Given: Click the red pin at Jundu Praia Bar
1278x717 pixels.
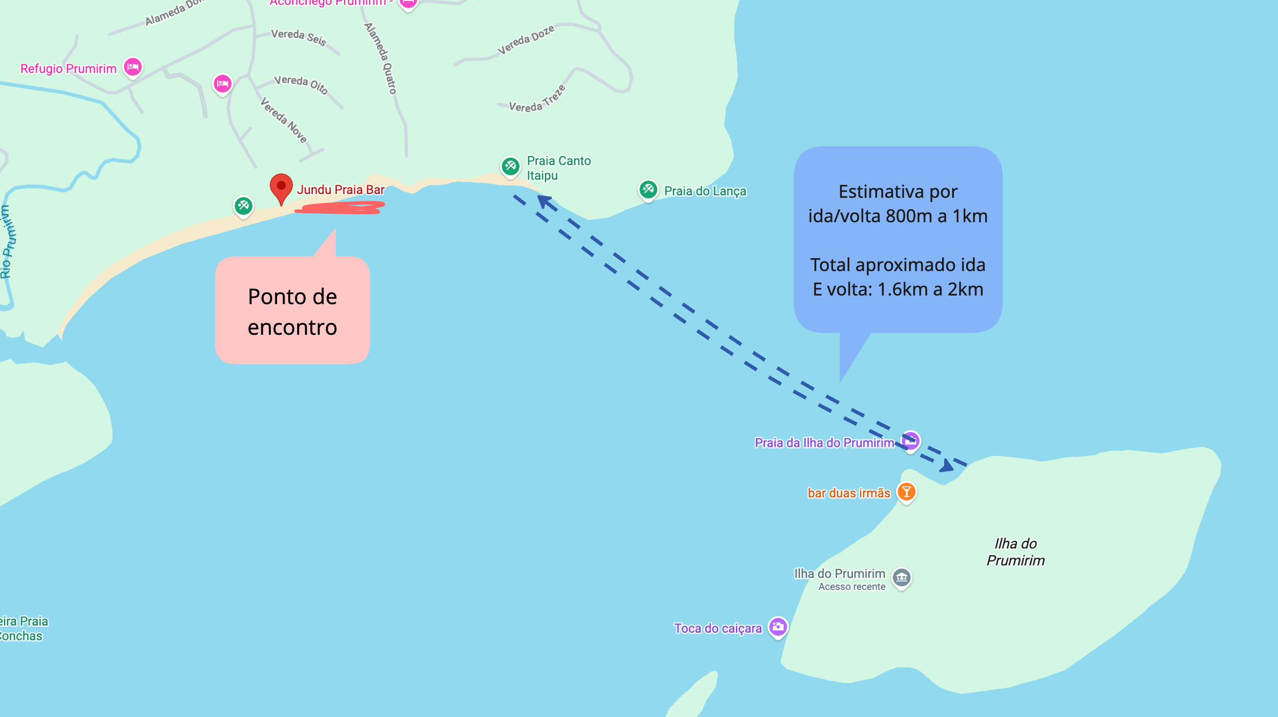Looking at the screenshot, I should pos(281,187).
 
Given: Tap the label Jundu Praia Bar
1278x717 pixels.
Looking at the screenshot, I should pos(340,190).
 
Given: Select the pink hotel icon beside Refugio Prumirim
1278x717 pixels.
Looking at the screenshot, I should pos(133,67).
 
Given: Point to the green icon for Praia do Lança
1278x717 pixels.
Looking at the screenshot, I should pos(648,189).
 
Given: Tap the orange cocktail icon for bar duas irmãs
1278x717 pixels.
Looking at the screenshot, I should pos(906,492).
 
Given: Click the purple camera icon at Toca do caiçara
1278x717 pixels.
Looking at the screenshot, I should pos(778,627).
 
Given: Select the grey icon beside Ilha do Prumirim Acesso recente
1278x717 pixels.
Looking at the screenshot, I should pos(901,578).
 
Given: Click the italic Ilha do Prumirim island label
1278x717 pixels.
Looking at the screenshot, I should pos(1015,552).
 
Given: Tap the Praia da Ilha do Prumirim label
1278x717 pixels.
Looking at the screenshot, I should pos(824,443).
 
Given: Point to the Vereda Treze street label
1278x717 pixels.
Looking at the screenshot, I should pos(537,100).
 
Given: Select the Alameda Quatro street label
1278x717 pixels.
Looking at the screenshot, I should pos(380,58).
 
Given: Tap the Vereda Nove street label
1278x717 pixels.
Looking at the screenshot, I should pos(284,120).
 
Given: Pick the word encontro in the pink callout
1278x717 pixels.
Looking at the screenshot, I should pos(292,327).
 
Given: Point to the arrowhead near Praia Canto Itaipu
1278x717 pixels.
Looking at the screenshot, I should pos(544,202).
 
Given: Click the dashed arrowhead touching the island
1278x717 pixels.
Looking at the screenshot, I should pos(946,466).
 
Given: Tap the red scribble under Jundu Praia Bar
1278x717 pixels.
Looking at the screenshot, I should pos(340,207).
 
